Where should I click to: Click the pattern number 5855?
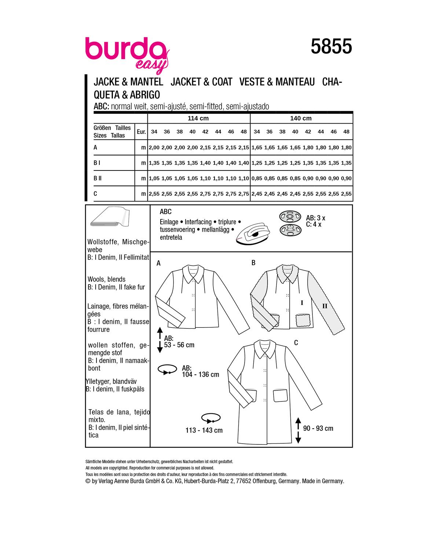pos(331,47)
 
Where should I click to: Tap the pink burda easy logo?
pos(126,53)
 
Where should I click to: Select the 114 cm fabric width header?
pos(198,118)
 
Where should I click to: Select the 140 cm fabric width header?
pos(301,118)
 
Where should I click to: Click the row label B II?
pos(98,178)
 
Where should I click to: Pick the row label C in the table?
pos(95,194)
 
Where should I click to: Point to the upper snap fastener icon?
pos(290,217)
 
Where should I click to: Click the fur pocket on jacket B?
pos(303,320)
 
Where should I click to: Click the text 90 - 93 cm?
pos(318,428)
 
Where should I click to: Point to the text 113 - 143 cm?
pos(204,430)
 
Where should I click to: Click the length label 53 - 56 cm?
pos(179,345)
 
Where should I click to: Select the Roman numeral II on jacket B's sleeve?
pos(324,306)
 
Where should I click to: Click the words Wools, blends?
pos(107,279)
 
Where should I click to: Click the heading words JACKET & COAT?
pos(201,82)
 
